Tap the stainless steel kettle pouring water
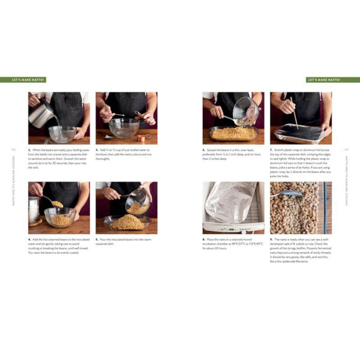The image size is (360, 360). click(x=41, y=114)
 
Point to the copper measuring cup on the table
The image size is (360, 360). click(x=141, y=137)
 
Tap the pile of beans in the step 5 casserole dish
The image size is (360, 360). click(x=127, y=223)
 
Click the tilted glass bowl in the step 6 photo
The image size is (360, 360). click(x=245, y=111)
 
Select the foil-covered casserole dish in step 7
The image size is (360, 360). click(x=298, y=133)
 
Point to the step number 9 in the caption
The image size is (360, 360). click(x=271, y=239)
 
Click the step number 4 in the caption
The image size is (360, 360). click(x=29, y=239)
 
